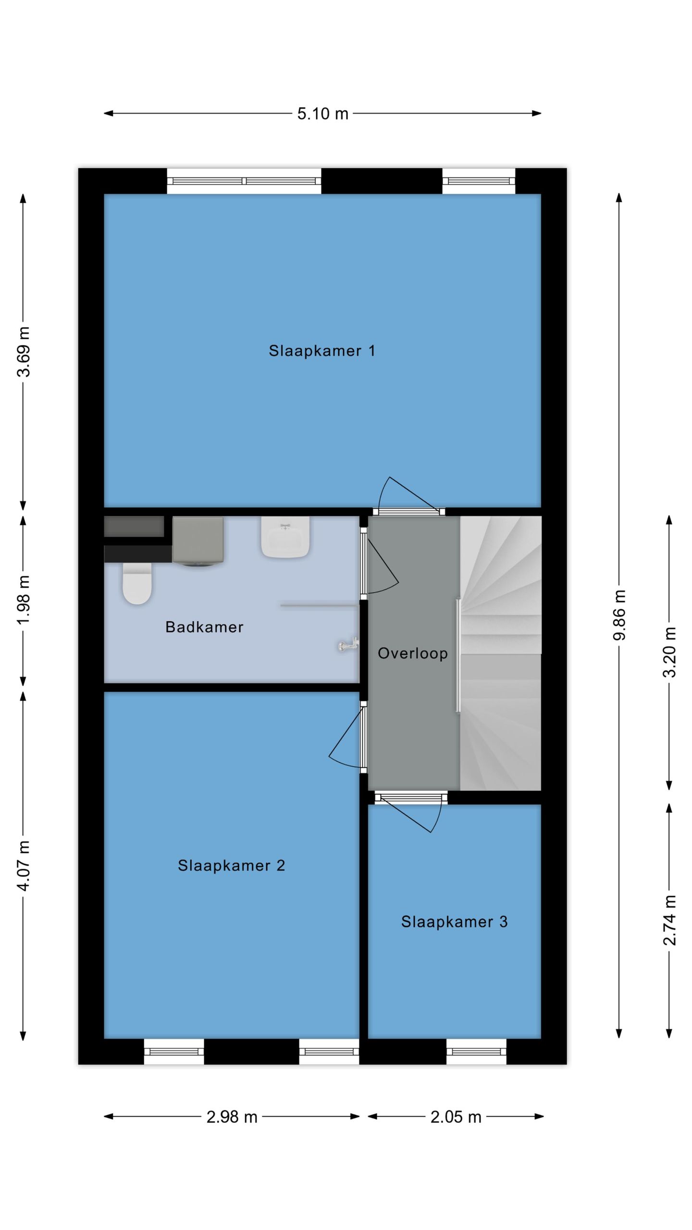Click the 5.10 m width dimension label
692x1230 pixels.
point(322,114)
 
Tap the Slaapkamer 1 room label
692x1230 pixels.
point(321,351)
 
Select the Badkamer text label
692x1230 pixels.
point(204,627)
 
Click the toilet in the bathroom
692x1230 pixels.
point(137,583)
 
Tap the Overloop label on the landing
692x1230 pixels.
point(412,653)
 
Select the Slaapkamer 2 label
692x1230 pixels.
point(231,865)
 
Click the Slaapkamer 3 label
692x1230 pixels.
point(454,922)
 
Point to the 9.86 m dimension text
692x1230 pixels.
point(620,615)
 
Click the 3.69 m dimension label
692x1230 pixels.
point(24,351)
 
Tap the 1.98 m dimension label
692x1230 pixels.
point(24,600)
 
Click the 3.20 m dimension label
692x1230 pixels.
point(669,652)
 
